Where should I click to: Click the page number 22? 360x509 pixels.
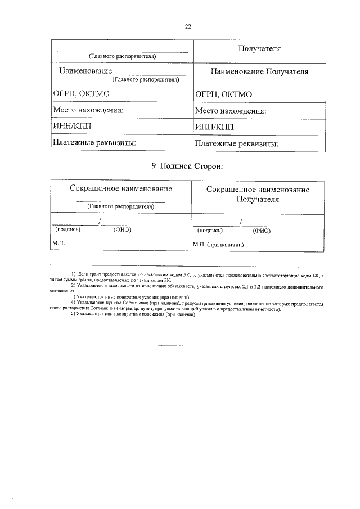188,26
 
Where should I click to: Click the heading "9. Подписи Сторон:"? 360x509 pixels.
188,166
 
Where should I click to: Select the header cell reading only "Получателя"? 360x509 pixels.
259,49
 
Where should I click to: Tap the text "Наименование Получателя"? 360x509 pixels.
259,72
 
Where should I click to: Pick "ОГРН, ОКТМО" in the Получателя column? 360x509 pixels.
223,94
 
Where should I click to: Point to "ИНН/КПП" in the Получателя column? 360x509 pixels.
214,127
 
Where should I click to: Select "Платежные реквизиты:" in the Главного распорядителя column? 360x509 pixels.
94,143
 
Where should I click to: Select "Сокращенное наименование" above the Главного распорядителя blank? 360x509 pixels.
121,189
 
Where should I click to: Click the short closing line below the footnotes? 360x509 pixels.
185,345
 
